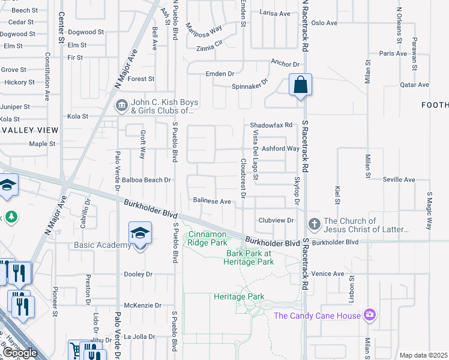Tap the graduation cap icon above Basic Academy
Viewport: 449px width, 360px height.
click(x=140, y=233)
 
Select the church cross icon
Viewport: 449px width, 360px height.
click(x=314, y=225)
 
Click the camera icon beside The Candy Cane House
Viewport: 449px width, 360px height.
click(x=370, y=314)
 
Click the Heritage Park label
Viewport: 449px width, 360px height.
click(x=239, y=296)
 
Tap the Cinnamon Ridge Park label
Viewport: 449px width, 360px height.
click(x=208, y=238)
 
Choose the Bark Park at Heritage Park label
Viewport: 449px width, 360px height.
click(x=249, y=257)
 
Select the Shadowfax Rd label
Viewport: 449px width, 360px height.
click(x=271, y=125)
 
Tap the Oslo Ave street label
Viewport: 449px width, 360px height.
click(x=324, y=23)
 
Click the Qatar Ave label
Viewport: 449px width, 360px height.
click(x=415, y=85)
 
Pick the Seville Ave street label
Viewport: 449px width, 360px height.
click(x=400, y=179)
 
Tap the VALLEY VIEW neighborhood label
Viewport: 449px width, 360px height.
click(x=29, y=130)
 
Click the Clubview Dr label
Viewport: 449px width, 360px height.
click(x=276, y=220)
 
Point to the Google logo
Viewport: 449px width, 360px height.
click(x=20, y=353)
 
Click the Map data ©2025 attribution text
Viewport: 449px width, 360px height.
click(x=423, y=355)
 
